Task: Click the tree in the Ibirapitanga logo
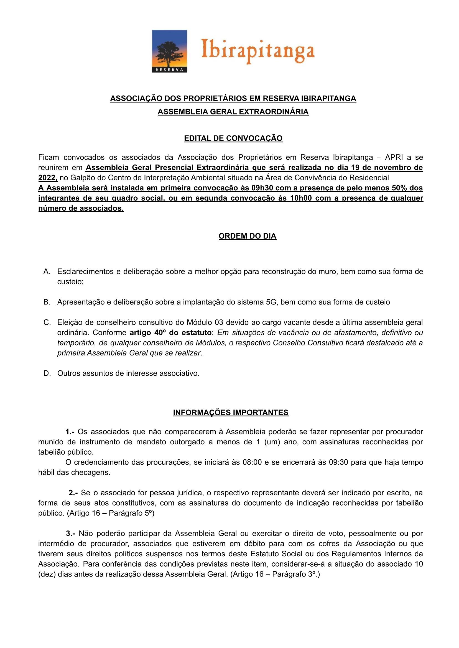pos(169,53)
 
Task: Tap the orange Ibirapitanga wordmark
pos(257,52)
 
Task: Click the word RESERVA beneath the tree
pos(169,70)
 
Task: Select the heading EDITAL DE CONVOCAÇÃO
pos(233,139)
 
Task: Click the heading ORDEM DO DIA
pos(247,236)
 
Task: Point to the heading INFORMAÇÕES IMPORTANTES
pos(231,413)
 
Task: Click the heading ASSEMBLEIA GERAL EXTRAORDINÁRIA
pos(233,112)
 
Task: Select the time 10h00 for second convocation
pos(301,198)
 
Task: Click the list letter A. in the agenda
pos(47,272)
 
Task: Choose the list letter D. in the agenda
pos(47,373)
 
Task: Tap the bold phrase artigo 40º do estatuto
pos(170,333)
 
